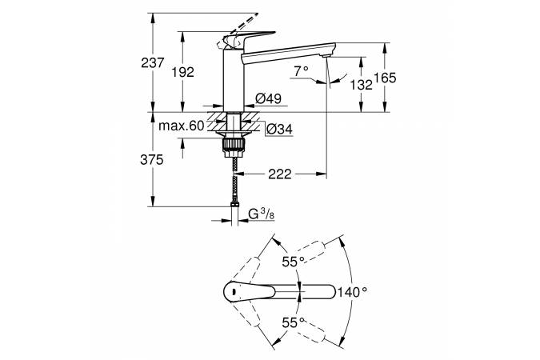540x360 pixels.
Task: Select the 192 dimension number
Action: pyautogui.click(x=184, y=72)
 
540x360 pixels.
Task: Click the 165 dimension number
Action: pyautogui.click(x=386, y=78)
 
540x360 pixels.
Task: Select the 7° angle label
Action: pyautogui.click(x=301, y=71)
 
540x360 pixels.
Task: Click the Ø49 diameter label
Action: pyautogui.click(x=266, y=98)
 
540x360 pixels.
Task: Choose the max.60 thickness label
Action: pyautogui.click(x=181, y=126)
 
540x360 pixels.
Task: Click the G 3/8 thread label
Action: pyautogui.click(x=263, y=214)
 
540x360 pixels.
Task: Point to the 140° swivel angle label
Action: pyautogui.click(x=353, y=292)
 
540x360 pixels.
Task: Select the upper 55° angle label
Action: pyautogui.click(x=292, y=261)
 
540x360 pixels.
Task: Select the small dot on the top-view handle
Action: pyautogui.click(x=230, y=293)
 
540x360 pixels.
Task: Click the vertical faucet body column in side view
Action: pyautogui.click(x=232, y=80)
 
